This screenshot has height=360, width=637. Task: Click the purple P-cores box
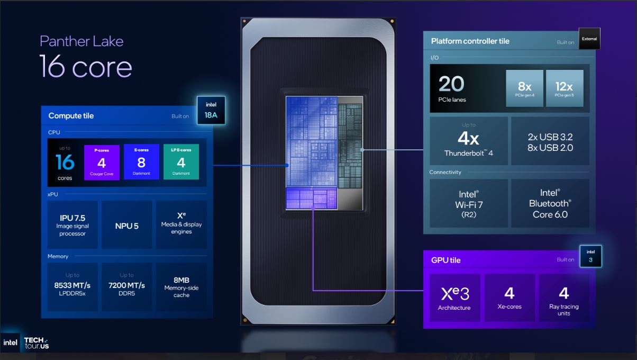(102, 162)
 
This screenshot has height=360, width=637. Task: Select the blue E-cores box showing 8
(141, 162)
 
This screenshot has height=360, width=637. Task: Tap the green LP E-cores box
(181, 161)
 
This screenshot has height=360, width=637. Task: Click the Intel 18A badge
(211, 111)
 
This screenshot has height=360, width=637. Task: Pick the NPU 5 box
(127, 225)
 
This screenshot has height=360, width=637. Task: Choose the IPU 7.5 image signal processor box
(72, 225)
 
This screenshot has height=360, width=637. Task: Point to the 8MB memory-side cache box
(181, 287)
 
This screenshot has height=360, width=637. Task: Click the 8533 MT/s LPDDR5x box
(72, 287)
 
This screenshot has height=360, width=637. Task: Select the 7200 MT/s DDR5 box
(127, 287)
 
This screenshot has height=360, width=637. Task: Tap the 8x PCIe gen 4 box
(525, 88)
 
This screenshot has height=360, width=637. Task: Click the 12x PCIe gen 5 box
(565, 88)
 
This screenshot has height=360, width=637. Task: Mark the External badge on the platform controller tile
(589, 39)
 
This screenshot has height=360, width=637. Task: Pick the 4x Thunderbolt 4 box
(469, 141)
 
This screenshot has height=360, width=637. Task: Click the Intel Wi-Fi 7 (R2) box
(469, 203)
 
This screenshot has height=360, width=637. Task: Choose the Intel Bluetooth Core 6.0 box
(550, 203)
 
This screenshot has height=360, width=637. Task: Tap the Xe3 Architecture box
(455, 298)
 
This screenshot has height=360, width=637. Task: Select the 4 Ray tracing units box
(564, 298)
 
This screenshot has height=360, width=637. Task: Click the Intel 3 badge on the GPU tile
(590, 256)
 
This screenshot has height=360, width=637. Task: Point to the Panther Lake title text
(81, 41)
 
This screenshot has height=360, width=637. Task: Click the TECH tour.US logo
(37, 343)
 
